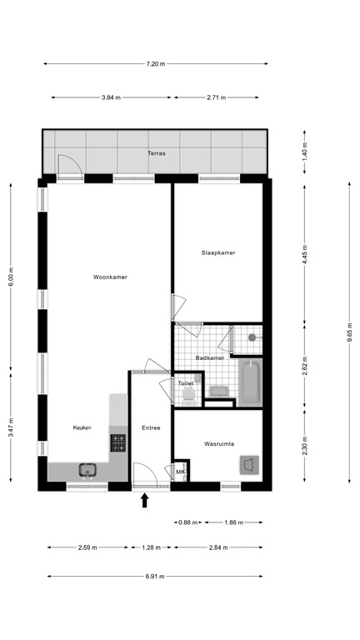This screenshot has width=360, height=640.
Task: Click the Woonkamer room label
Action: (110, 277)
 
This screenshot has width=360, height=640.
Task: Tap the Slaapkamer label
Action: (218, 252)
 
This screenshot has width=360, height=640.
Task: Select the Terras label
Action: (156, 153)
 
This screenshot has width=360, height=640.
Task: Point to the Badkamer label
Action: (209, 357)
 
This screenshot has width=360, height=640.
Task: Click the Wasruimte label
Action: (219, 444)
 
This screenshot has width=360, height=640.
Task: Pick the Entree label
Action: (151, 428)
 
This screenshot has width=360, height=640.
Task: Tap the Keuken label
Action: (81, 427)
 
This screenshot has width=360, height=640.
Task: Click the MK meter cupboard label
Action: (181, 472)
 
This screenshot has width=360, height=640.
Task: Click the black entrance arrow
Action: (145, 500)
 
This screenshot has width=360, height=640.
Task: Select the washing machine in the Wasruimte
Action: (248, 466)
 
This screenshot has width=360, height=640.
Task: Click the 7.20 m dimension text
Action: (156, 63)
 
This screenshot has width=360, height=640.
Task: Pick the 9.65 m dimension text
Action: (350, 332)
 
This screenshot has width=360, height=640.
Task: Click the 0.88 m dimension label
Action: (189, 522)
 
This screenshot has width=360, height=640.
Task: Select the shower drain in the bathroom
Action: (250, 337)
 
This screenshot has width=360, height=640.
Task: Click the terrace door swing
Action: (66, 165)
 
